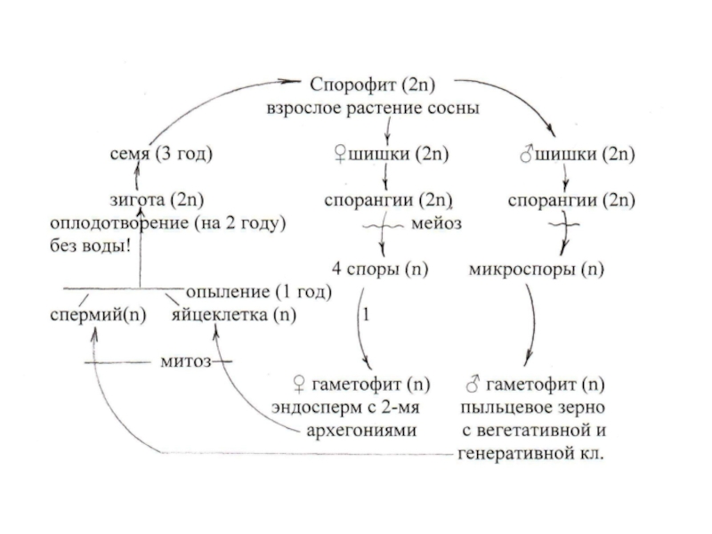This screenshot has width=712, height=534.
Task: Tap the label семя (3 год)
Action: click(157, 154)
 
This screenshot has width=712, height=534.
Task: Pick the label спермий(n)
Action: click(99, 315)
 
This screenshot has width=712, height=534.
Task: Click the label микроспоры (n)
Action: click(535, 269)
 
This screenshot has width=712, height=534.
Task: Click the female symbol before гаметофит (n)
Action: click(300, 387)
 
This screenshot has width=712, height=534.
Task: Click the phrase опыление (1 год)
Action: click(258, 292)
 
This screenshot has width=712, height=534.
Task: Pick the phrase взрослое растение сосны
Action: click(373, 109)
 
